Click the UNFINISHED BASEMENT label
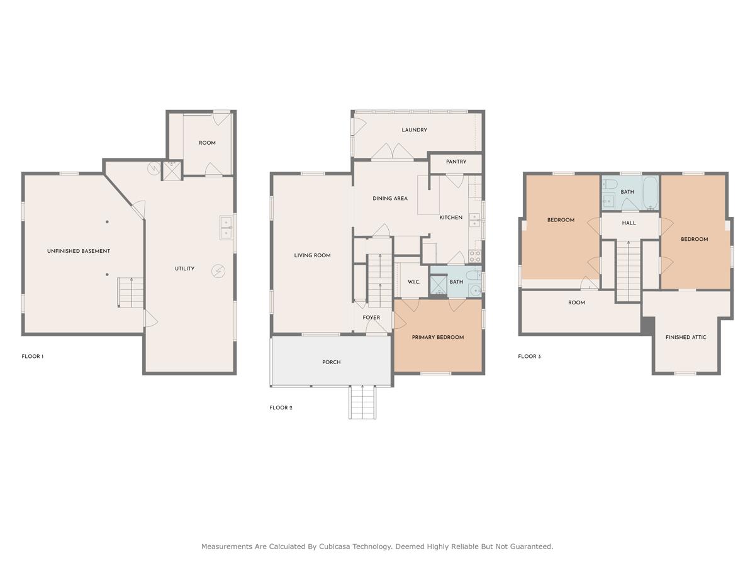[x=79, y=251]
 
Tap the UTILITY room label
[x=184, y=269]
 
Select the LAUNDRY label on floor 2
[x=414, y=130]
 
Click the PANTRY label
[x=456, y=162]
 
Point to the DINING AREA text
[x=390, y=199]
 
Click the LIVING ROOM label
[x=312, y=255]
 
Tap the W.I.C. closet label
[x=413, y=282]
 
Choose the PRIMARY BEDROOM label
[x=438, y=337]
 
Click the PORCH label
[x=331, y=362]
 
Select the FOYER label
[x=371, y=318]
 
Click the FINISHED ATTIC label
[x=686, y=337]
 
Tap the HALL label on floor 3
[x=629, y=223]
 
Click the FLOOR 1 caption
[x=33, y=357]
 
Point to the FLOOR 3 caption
[x=529, y=357]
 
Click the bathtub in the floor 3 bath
[x=650, y=193]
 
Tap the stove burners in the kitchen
[x=475, y=256]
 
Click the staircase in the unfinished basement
[x=130, y=293]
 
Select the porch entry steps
[x=362, y=402]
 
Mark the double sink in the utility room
[x=226, y=228]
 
